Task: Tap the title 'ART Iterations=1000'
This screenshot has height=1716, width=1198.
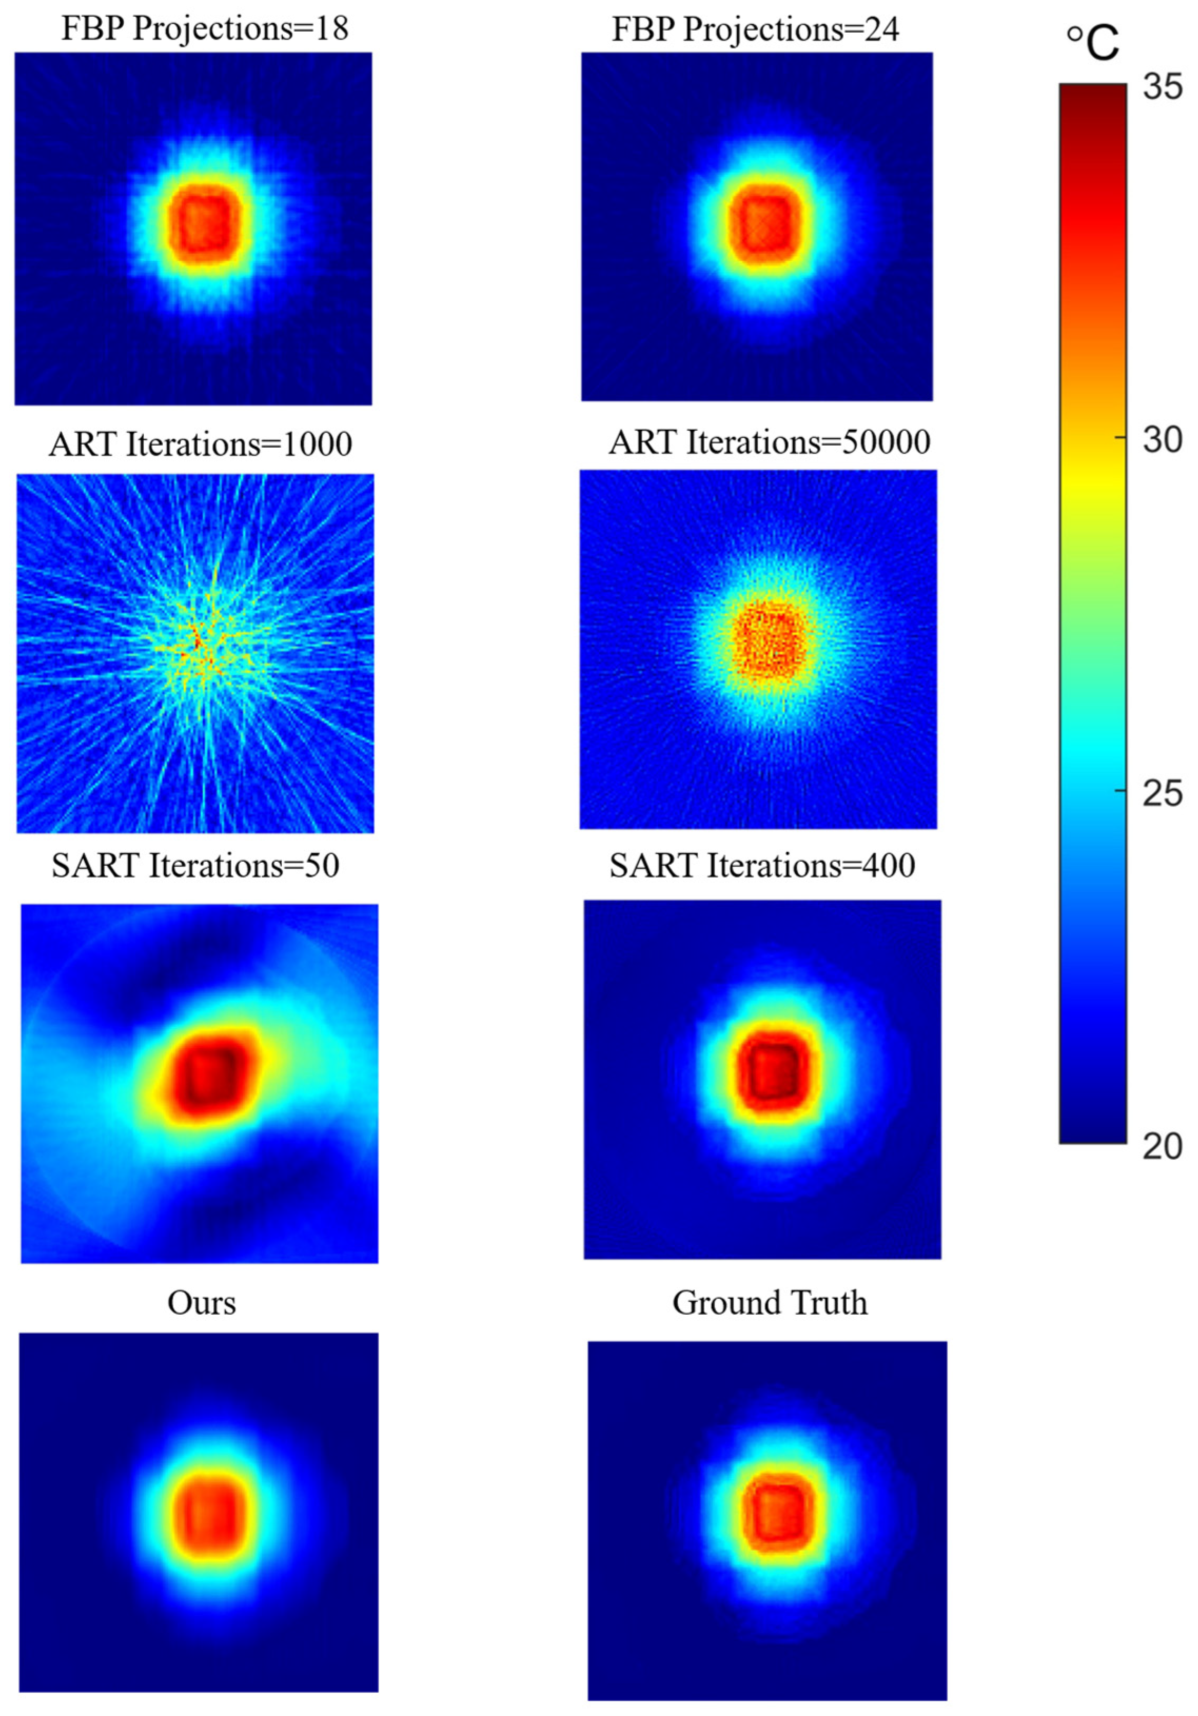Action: pyautogui.click(x=200, y=444)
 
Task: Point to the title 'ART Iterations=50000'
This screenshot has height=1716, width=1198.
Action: pyautogui.click(x=769, y=442)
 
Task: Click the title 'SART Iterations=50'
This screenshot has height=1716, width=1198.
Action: pyautogui.click(x=195, y=865)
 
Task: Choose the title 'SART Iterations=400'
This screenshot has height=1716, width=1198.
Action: pyautogui.click(x=761, y=865)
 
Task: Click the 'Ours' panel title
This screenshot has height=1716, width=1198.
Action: pyautogui.click(x=201, y=1302)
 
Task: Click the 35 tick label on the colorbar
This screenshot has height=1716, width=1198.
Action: pyautogui.click(x=1162, y=87)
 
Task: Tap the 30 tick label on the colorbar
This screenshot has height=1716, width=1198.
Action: pyautogui.click(x=1162, y=439)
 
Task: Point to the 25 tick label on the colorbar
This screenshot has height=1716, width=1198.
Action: pyautogui.click(x=1162, y=793)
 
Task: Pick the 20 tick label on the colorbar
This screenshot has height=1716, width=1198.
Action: pyautogui.click(x=1162, y=1146)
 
